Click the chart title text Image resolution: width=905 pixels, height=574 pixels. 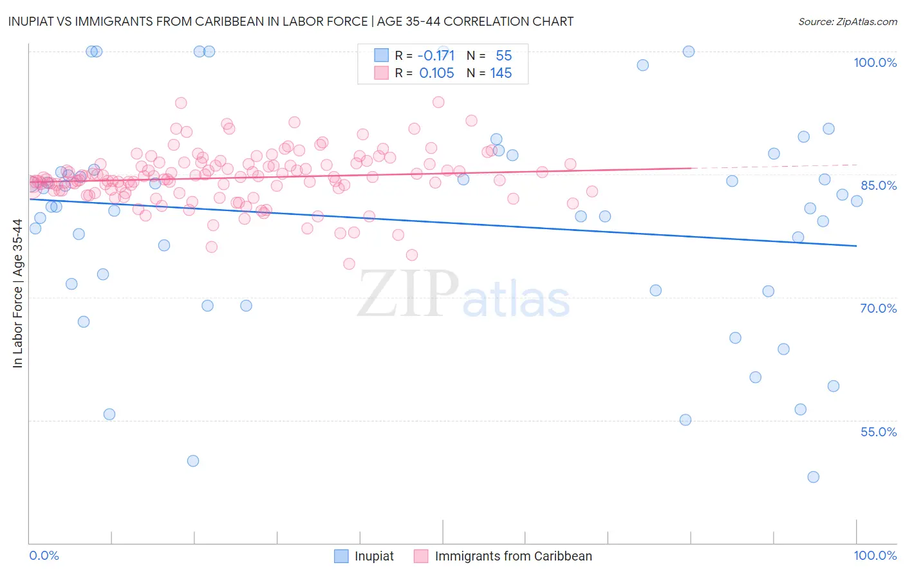pos(289,21)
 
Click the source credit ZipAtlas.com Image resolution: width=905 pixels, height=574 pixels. pos(847,21)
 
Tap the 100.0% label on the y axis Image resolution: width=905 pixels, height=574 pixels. pos(875,62)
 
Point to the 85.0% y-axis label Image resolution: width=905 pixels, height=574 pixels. pos(879,185)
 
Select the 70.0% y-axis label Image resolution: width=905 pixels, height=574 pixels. pos(879,308)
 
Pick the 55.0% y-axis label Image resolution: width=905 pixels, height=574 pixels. pos(879,432)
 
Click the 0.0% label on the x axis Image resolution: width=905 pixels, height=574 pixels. pos(44,555)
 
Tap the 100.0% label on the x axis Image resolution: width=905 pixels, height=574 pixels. pos(875,555)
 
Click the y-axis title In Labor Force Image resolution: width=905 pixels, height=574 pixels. pos(17,293)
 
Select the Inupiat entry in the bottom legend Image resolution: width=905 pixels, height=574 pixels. pos(374,556)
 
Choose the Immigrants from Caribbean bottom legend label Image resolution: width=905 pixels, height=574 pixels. pos(513,556)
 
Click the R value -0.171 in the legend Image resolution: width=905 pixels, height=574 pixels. pos(436,55)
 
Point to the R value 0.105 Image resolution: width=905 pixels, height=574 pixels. pos(436,73)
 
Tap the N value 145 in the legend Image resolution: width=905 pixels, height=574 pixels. pos(501,73)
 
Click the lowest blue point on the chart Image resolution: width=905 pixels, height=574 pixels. pos(813,477)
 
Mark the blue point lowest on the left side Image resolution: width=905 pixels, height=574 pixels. pos(192,461)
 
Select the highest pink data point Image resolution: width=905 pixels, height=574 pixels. pos(181,103)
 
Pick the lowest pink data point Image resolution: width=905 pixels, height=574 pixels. pos(349,264)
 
